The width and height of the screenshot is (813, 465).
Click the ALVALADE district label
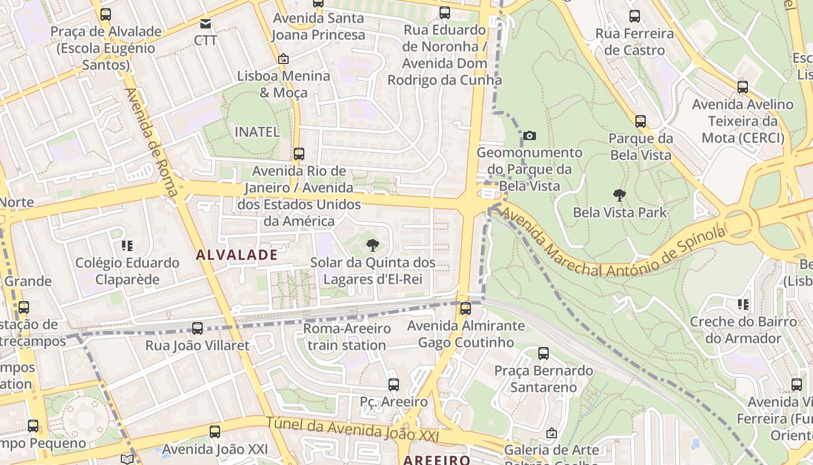tap(236, 255)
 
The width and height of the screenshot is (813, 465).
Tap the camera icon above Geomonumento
tap(529, 135)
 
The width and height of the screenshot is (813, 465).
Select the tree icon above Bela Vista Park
tap(620, 195)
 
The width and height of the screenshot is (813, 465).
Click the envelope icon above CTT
tap(206, 24)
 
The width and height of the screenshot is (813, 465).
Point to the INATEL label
tap(257, 132)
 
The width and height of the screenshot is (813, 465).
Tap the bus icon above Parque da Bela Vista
tap(640, 121)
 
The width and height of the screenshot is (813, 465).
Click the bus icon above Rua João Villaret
tap(197, 328)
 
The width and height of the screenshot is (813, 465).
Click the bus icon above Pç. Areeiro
tap(393, 384)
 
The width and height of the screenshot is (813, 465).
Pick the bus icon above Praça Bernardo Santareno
tap(544, 353)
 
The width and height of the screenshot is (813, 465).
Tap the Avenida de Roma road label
tap(150, 146)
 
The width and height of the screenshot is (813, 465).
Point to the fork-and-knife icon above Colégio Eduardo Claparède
tap(127, 246)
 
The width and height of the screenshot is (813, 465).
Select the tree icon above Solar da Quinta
tap(373, 245)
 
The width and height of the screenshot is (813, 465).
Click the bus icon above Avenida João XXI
tap(215, 431)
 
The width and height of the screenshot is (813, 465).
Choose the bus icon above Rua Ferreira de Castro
tap(634, 16)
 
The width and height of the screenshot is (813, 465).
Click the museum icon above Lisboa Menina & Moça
tap(283, 59)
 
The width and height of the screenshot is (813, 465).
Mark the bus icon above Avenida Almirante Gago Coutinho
tap(465, 309)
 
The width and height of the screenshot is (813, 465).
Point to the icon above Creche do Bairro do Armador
tap(743, 304)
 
